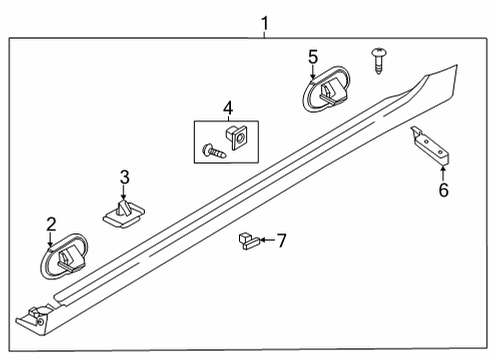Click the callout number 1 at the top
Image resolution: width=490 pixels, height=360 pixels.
[x=265, y=24]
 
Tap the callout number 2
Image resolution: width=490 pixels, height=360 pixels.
[x=51, y=225]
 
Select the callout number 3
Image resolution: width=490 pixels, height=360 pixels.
[x=125, y=177]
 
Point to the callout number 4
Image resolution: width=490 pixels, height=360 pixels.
[x=228, y=109]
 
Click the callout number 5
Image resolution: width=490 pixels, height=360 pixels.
[x=313, y=57]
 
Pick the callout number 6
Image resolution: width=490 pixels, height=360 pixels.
[x=444, y=190]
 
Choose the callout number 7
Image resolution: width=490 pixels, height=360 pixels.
[x=282, y=240]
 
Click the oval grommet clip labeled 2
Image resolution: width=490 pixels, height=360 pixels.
[x=64, y=256]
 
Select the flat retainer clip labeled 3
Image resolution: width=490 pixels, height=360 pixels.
[x=123, y=214]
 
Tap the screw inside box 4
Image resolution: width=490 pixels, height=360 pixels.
[x=214, y=151]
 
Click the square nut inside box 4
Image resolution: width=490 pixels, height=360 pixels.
[x=237, y=137]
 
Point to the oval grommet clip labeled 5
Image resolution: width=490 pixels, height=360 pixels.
[x=326, y=89]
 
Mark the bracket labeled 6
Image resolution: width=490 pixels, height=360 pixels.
[x=431, y=146]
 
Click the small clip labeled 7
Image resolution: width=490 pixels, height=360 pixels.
[x=249, y=241]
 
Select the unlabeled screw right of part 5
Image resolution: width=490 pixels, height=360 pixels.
[x=379, y=61]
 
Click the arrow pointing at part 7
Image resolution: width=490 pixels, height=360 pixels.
[x=267, y=240]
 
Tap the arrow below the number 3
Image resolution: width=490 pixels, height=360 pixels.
[x=124, y=193]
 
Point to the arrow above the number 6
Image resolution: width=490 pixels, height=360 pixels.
[x=443, y=173]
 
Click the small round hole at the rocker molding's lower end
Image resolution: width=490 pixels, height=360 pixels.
[x=41, y=322]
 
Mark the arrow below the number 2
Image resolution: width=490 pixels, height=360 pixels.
[x=50, y=240]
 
